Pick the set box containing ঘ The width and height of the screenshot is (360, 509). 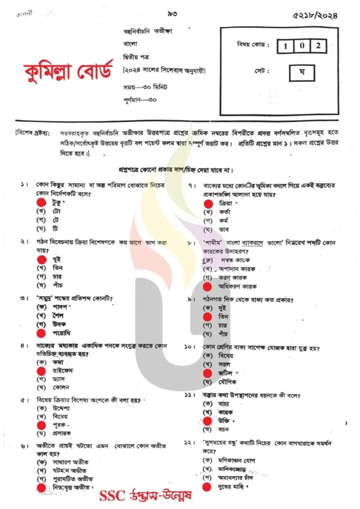click(301, 73)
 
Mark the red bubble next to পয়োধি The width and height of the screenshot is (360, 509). click(41, 333)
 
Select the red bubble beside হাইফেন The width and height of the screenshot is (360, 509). click(41, 370)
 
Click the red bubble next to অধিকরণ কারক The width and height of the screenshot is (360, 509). click(207, 286)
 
